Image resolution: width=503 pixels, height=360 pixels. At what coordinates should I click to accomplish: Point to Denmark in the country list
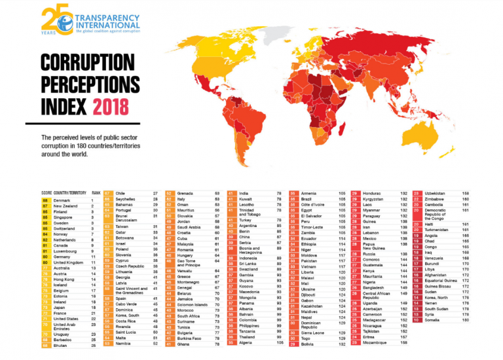coord(63,200)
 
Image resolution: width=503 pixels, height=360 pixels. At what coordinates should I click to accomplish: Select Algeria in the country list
coord(246,342)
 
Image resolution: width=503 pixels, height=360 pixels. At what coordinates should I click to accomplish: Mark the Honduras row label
coord(372,194)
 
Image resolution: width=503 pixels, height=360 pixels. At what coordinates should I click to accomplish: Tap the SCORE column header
coord(45,193)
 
